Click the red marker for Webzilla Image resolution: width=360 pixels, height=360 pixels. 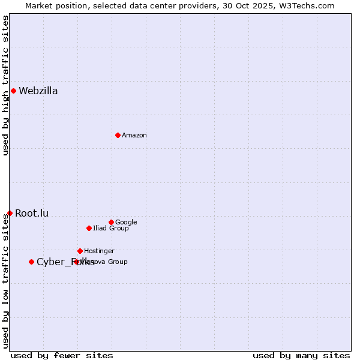[x=13, y=91]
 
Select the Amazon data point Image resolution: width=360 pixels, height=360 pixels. [x=118, y=135]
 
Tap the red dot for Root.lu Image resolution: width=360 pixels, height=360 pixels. [x=10, y=213]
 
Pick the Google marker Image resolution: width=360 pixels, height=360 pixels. [x=111, y=222]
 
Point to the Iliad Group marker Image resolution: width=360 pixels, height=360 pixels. [x=89, y=228]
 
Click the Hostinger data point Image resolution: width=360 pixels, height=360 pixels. [x=80, y=251]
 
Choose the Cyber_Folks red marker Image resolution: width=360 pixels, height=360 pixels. [x=31, y=262]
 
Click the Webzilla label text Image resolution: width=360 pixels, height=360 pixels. [x=38, y=91]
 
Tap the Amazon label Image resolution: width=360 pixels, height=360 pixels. [x=134, y=136]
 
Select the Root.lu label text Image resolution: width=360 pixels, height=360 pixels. [x=32, y=213]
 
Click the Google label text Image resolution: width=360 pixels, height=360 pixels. [x=126, y=223]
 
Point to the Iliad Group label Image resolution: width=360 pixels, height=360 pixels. [x=111, y=229]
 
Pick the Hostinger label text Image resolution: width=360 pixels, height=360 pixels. [x=99, y=251]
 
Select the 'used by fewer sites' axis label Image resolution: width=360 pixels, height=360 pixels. [x=62, y=356]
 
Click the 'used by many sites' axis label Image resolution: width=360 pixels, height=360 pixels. [x=301, y=356]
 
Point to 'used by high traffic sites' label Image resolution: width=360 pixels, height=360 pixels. [x=6, y=86]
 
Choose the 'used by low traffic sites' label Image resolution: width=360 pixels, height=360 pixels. [x=6, y=281]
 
